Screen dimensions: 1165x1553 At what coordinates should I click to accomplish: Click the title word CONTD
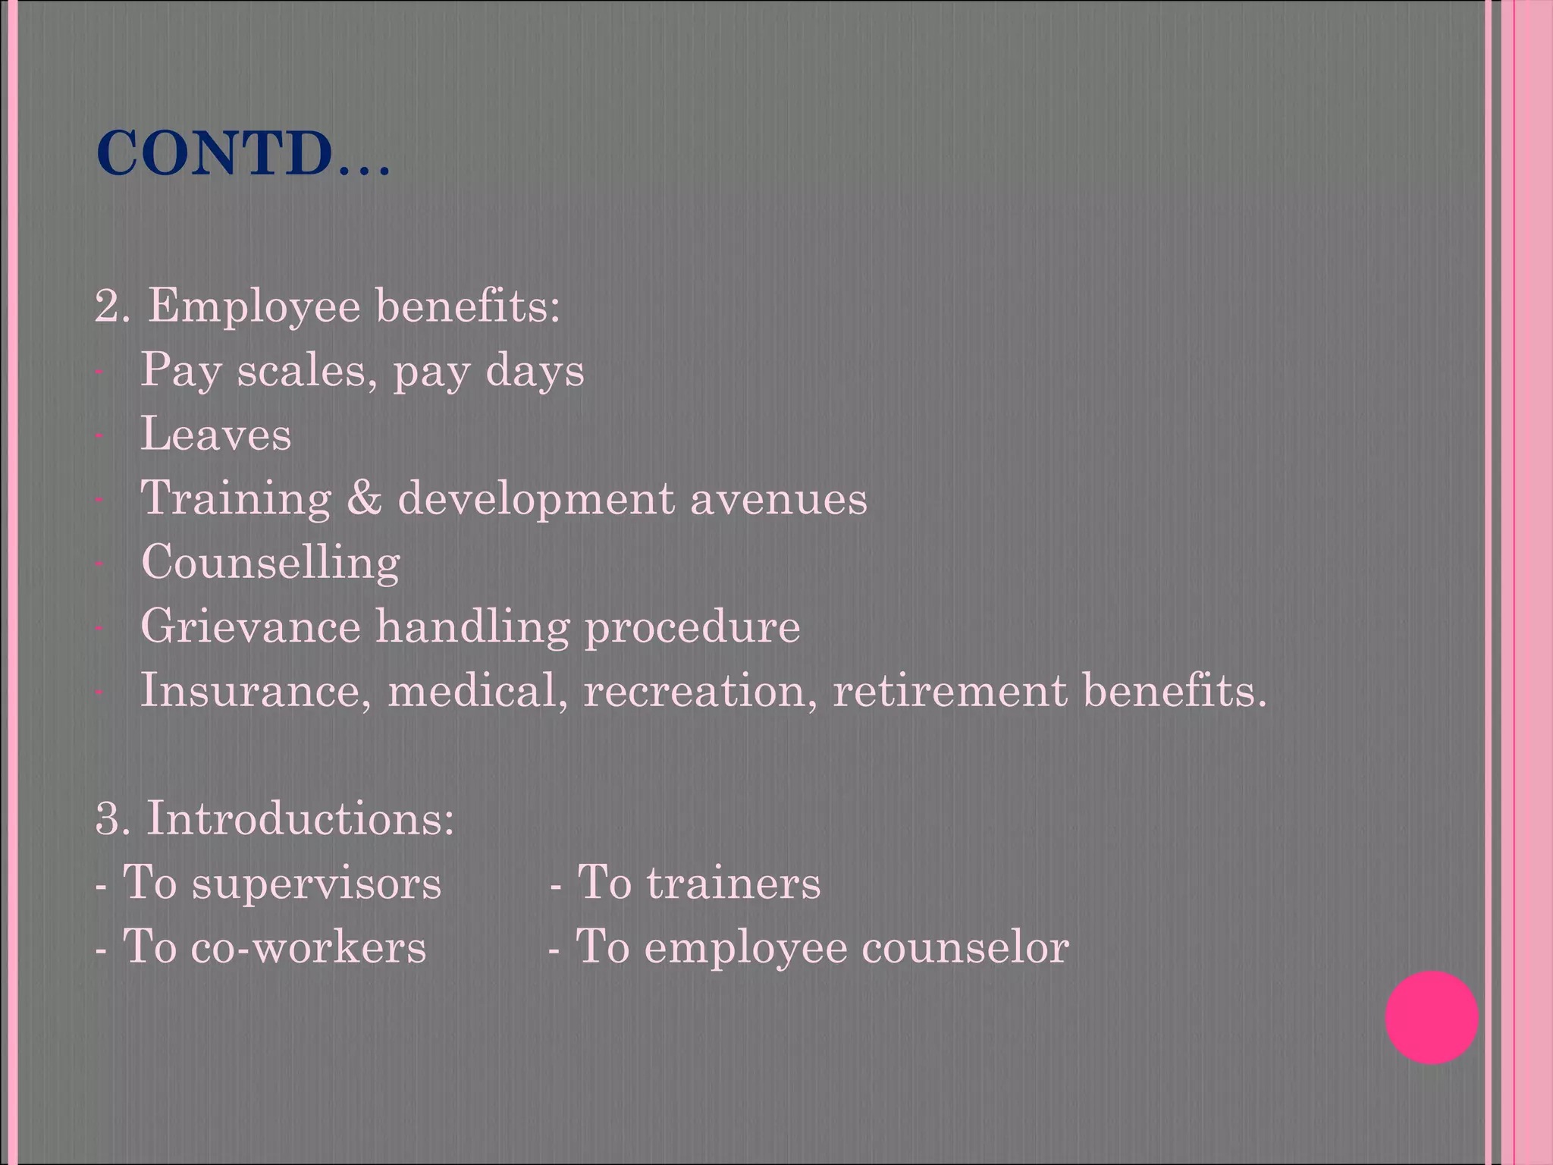215,154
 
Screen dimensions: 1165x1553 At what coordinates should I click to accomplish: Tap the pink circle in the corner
1431,1017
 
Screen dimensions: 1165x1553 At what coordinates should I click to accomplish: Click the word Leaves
216,435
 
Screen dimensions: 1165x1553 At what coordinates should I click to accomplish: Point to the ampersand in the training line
364,498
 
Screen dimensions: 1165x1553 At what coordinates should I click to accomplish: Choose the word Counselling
271,564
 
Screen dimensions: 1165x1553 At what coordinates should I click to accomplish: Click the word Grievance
250,626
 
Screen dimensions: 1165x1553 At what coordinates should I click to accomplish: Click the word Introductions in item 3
300,819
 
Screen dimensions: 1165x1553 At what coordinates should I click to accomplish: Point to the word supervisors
316,884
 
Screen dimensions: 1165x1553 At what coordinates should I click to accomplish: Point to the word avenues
778,499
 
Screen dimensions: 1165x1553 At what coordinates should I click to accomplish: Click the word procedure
692,628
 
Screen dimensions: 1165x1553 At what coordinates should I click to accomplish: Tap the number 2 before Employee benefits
108,308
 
